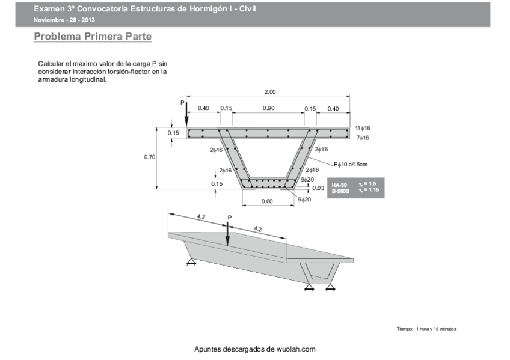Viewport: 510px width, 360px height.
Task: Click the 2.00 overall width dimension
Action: point(270,92)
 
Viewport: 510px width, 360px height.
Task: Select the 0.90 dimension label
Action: point(269,108)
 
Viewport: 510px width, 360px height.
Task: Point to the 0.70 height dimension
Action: point(150,157)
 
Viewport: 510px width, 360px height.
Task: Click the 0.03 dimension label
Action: point(319,188)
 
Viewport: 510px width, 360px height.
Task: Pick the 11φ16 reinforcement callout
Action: point(362,128)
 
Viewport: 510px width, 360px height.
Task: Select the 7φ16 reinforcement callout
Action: point(363,138)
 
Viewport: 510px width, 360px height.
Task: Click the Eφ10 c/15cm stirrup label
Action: point(350,164)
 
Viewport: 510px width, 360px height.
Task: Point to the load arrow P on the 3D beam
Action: point(227,231)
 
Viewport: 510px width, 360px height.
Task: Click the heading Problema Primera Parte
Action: point(93,37)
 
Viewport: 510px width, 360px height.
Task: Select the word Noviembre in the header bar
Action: point(48,20)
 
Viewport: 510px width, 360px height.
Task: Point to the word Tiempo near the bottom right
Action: point(405,329)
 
